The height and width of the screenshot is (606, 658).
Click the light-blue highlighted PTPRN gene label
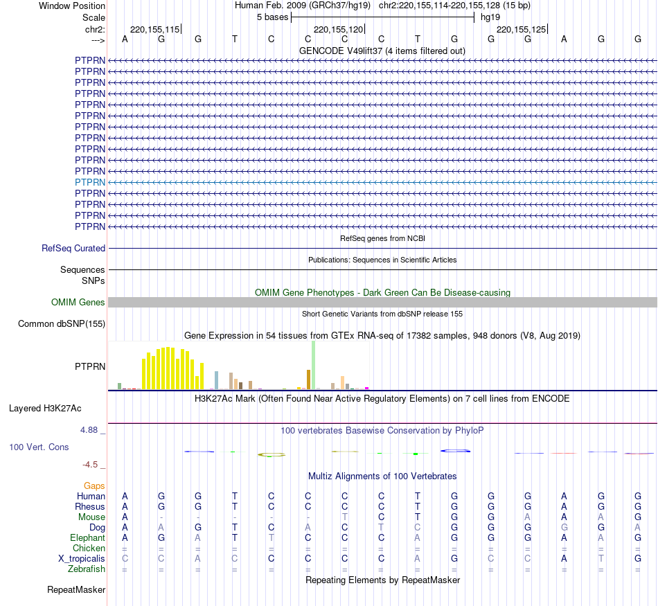coord(90,182)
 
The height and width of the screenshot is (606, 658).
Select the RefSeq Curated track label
coord(73,248)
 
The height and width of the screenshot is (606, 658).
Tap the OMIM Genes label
coord(78,302)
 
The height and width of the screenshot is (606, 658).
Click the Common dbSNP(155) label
coord(62,323)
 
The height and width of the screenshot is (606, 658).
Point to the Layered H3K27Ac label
coord(45,408)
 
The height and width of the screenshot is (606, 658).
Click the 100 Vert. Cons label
coord(39,447)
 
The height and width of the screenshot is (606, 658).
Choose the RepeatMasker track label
coord(76,589)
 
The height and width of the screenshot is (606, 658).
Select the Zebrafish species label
coord(87,569)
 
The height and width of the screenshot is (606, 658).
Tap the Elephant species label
coord(87,537)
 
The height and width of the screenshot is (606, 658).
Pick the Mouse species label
coord(91,517)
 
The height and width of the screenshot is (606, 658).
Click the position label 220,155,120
coord(338,30)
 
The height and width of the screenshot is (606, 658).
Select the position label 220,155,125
coord(522,30)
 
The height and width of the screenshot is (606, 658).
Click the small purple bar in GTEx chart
coord(366,388)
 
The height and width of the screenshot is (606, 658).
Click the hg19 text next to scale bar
coord(490,17)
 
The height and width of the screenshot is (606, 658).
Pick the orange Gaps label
coord(94,485)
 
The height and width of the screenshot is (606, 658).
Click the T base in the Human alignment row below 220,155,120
coord(418,496)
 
